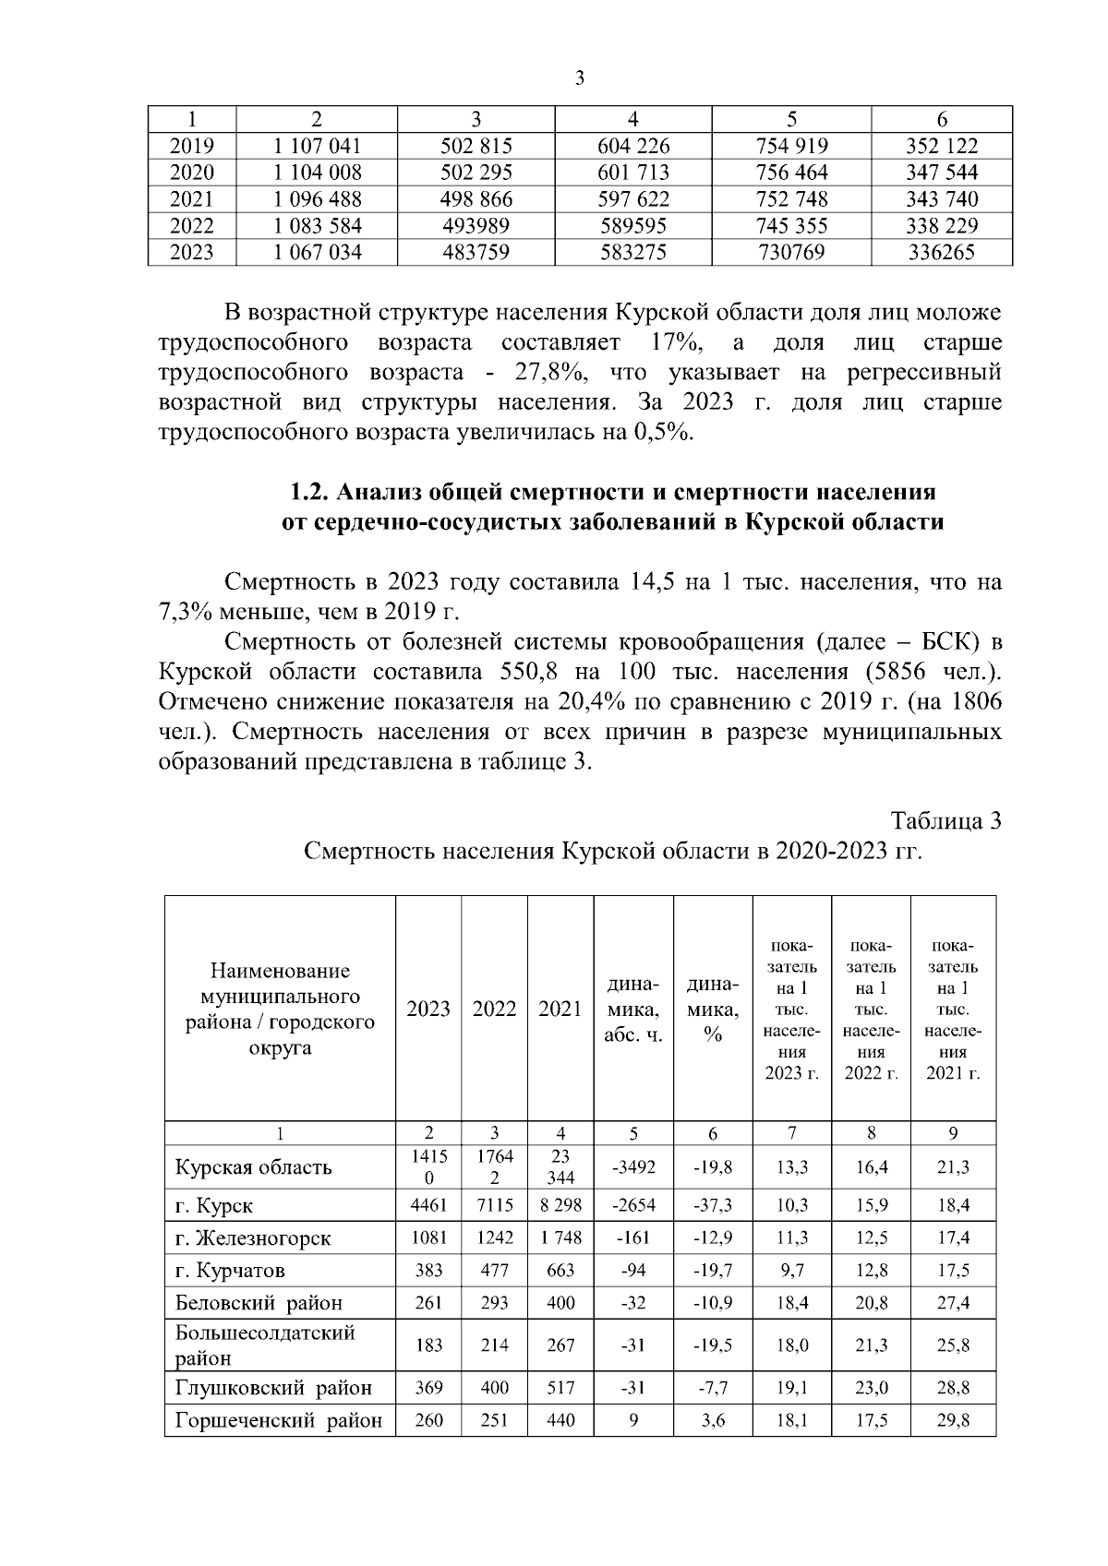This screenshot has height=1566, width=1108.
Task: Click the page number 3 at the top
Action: tap(580, 79)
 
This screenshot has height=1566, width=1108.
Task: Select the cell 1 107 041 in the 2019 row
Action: tap(317, 146)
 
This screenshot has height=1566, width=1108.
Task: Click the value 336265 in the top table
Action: tap(941, 252)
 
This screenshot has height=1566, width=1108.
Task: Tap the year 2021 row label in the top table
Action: tap(192, 199)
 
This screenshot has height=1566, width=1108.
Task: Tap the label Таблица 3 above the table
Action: tap(945, 820)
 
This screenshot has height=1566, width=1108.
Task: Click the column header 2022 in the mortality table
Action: tap(494, 1009)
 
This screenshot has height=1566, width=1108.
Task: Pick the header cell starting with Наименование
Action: tap(280, 1009)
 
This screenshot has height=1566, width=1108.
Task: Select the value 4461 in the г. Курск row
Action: tap(428, 1205)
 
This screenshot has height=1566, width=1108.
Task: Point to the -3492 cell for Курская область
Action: tap(632, 1167)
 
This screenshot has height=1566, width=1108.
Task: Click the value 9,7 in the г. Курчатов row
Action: tap(791, 1271)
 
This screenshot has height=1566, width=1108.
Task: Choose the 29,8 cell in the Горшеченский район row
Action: tap(953, 1420)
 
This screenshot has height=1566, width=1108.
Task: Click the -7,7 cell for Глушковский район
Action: tap(712, 1388)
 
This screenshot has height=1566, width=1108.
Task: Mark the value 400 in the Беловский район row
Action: tap(560, 1303)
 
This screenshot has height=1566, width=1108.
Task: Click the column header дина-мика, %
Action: tap(712, 1009)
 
